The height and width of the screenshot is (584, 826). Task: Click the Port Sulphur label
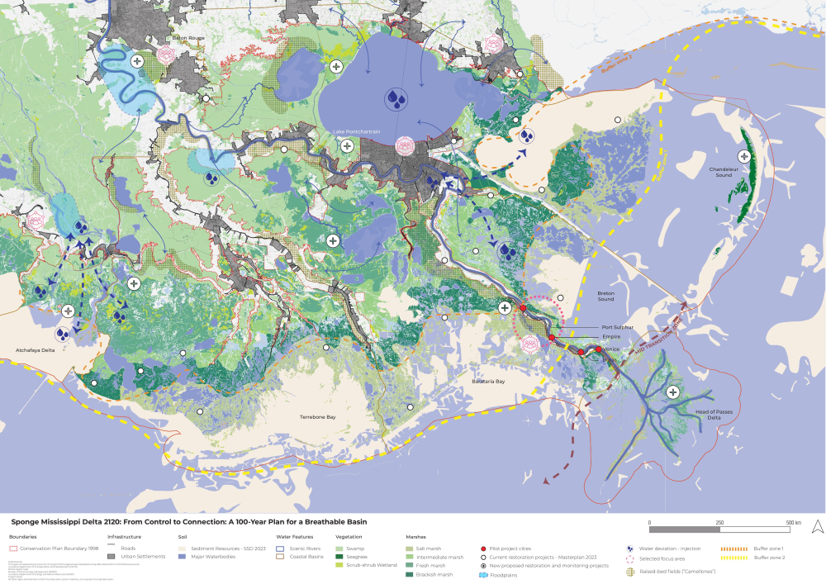click(x=618, y=327)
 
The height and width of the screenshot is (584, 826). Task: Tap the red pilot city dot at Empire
click(x=551, y=338)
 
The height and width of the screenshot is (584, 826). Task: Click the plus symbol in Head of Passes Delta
click(x=674, y=392)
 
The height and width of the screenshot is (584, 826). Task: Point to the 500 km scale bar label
click(x=793, y=523)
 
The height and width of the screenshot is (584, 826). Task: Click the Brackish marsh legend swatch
click(x=411, y=574)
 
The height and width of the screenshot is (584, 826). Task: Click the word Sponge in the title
click(x=26, y=522)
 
